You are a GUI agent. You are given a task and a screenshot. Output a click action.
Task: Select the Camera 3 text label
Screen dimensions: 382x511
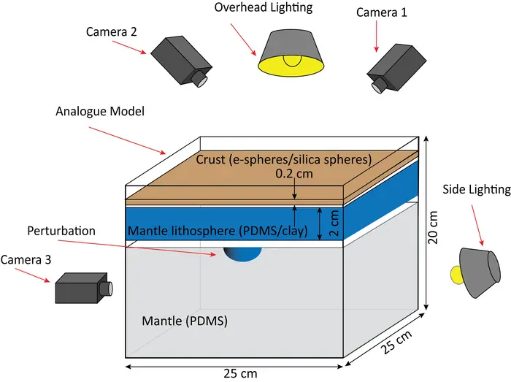pos(26,259)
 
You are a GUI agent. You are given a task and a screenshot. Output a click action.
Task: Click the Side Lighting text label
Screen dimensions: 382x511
pos(477,189)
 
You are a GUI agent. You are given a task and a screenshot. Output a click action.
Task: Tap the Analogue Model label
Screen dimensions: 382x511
pos(100,112)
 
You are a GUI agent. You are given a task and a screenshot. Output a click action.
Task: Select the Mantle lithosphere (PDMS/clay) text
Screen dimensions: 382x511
pos(224,232)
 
